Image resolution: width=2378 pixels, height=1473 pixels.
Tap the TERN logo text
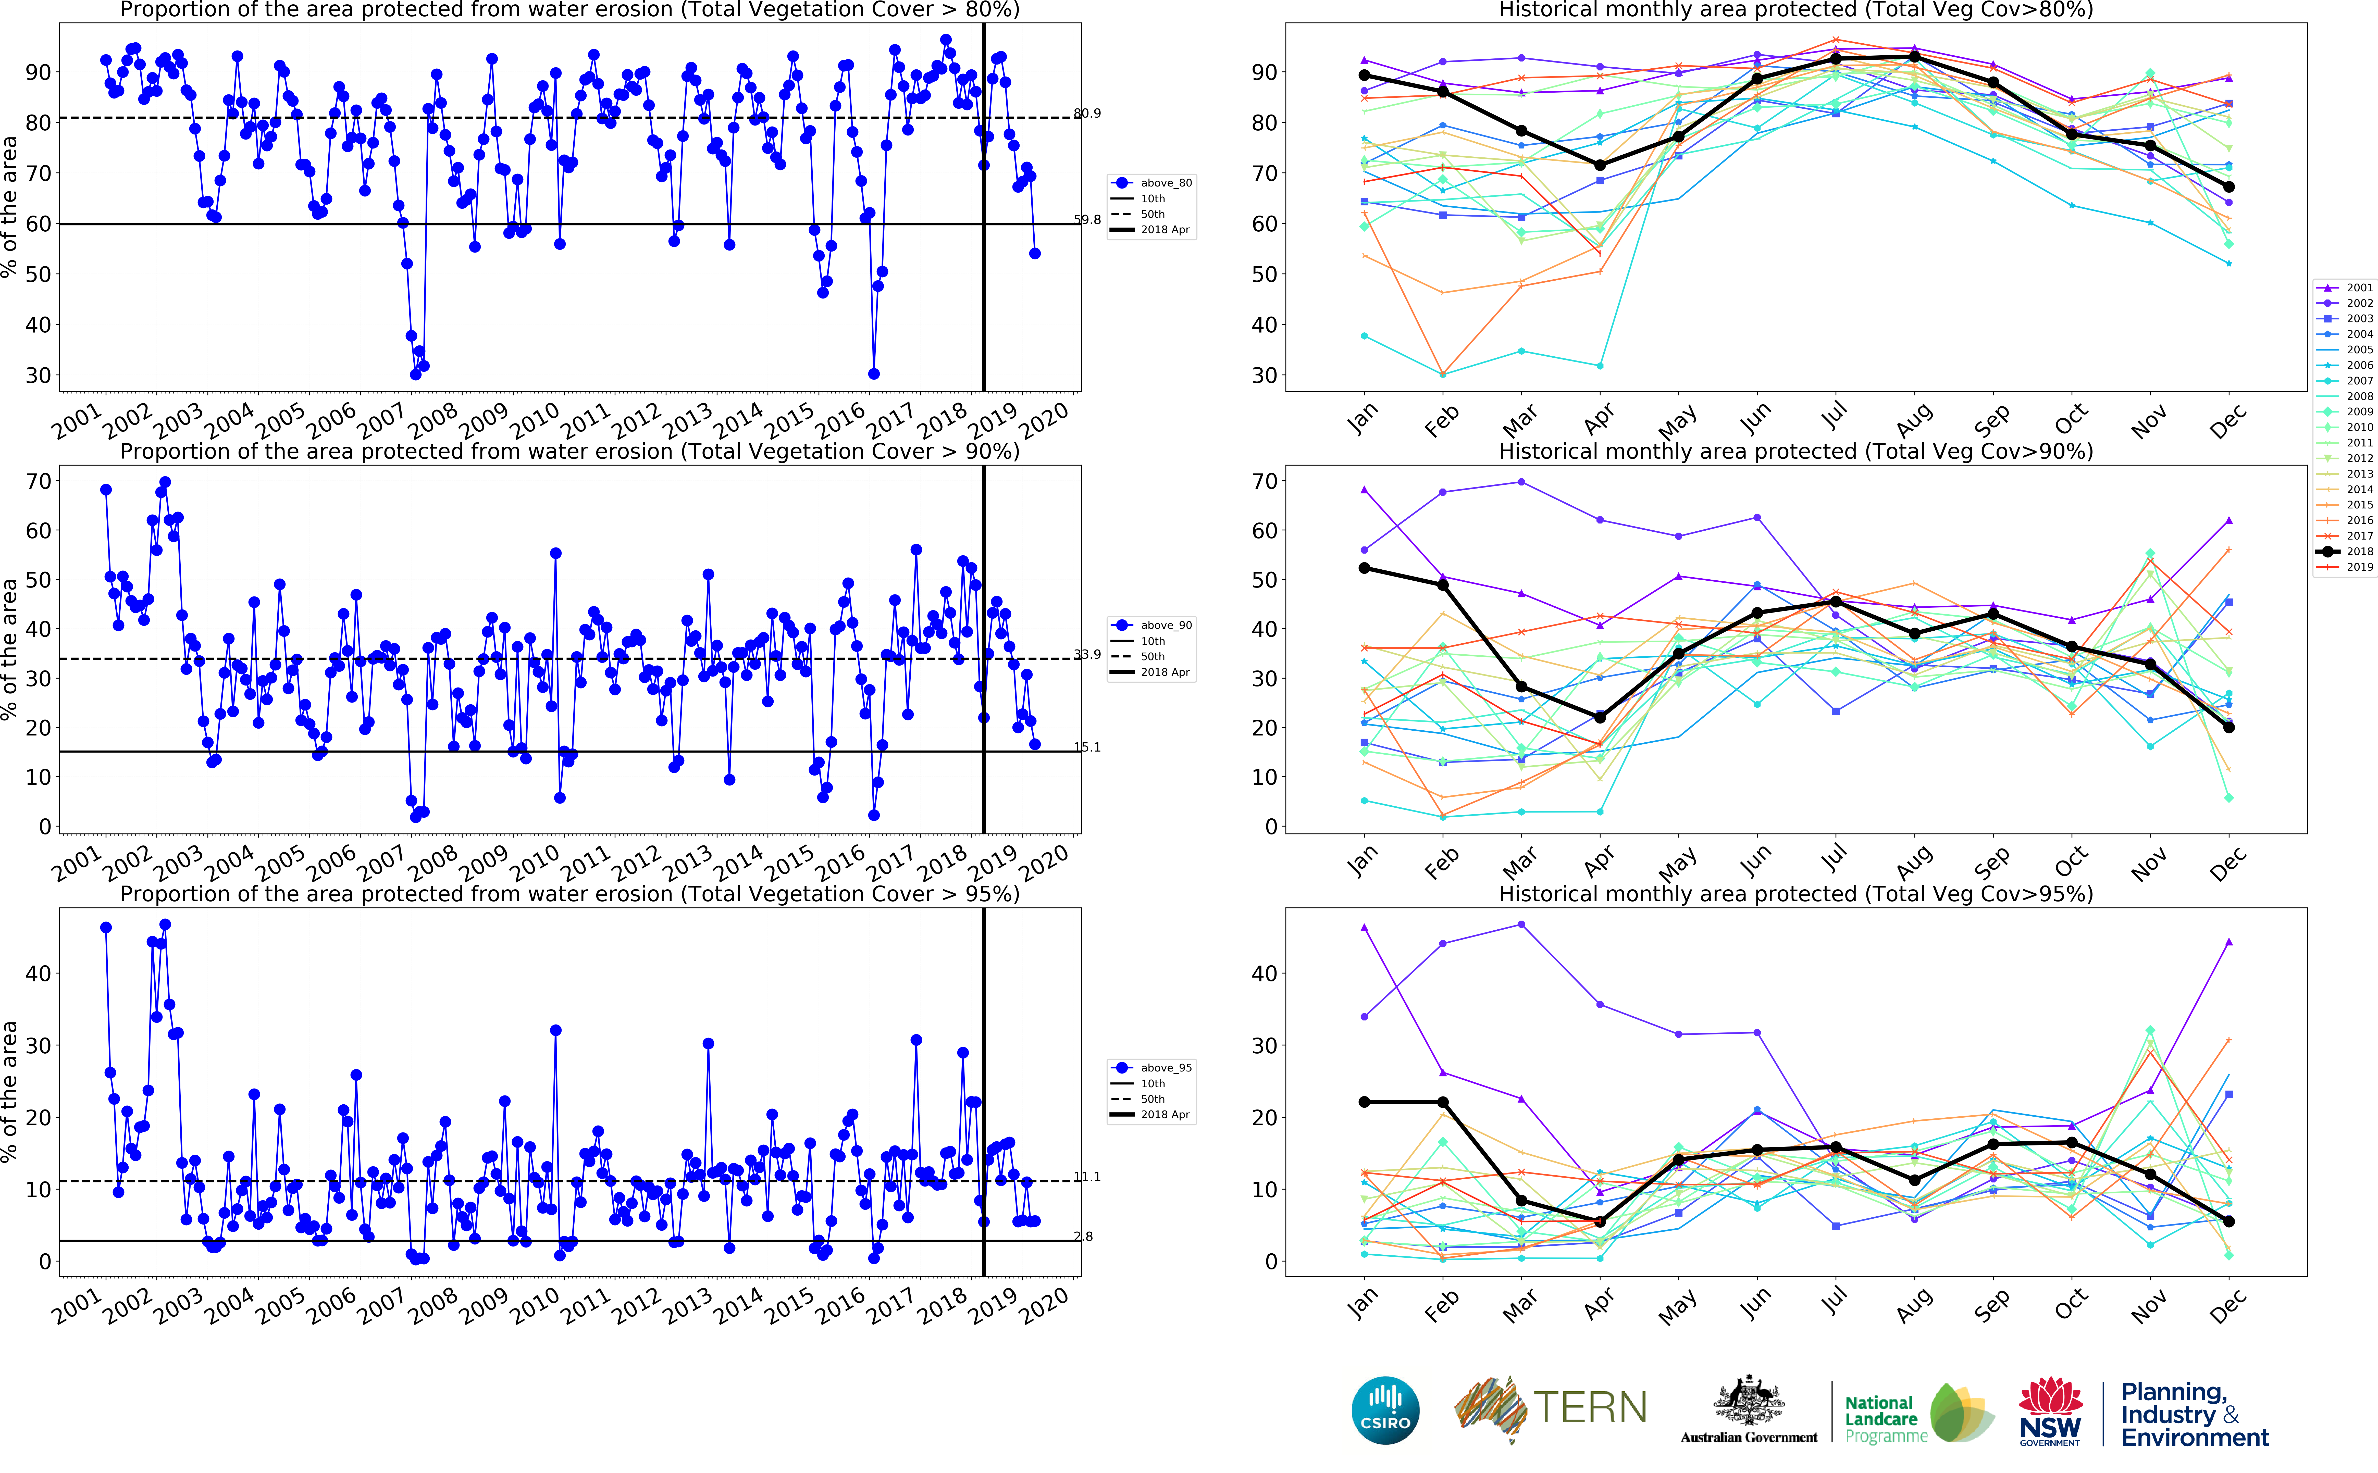coord(1590,1408)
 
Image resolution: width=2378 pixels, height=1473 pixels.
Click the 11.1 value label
coord(1087,1177)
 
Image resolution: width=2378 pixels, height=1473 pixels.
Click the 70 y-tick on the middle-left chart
coord(39,481)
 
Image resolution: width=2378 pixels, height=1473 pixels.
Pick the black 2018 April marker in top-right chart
coord(1600,166)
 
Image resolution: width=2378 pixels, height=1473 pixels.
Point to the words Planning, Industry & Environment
coord(2195,1415)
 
